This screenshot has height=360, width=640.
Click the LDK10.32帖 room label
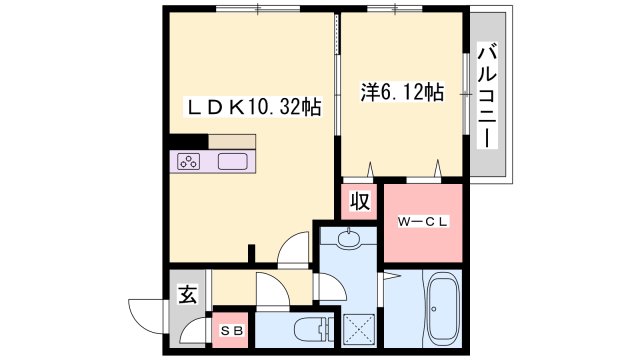(254, 107)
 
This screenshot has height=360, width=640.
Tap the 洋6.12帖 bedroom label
(402, 92)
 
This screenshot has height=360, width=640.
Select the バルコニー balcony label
(488, 95)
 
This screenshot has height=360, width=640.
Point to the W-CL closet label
(423, 222)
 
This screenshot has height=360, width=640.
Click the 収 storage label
(360, 201)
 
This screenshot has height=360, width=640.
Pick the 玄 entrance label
(187, 294)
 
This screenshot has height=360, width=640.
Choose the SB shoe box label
(232, 331)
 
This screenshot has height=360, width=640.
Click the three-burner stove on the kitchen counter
(188, 162)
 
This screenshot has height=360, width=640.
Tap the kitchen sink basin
(233, 162)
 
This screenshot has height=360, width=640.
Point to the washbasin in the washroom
(349, 239)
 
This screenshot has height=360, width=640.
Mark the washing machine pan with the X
(359, 329)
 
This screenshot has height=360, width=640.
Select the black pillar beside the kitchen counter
(189, 141)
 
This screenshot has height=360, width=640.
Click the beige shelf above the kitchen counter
(232, 142)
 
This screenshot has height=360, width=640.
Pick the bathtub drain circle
(433, 309)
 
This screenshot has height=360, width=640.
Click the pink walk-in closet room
(423, 223)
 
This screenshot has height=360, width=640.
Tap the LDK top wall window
(258, 9)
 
